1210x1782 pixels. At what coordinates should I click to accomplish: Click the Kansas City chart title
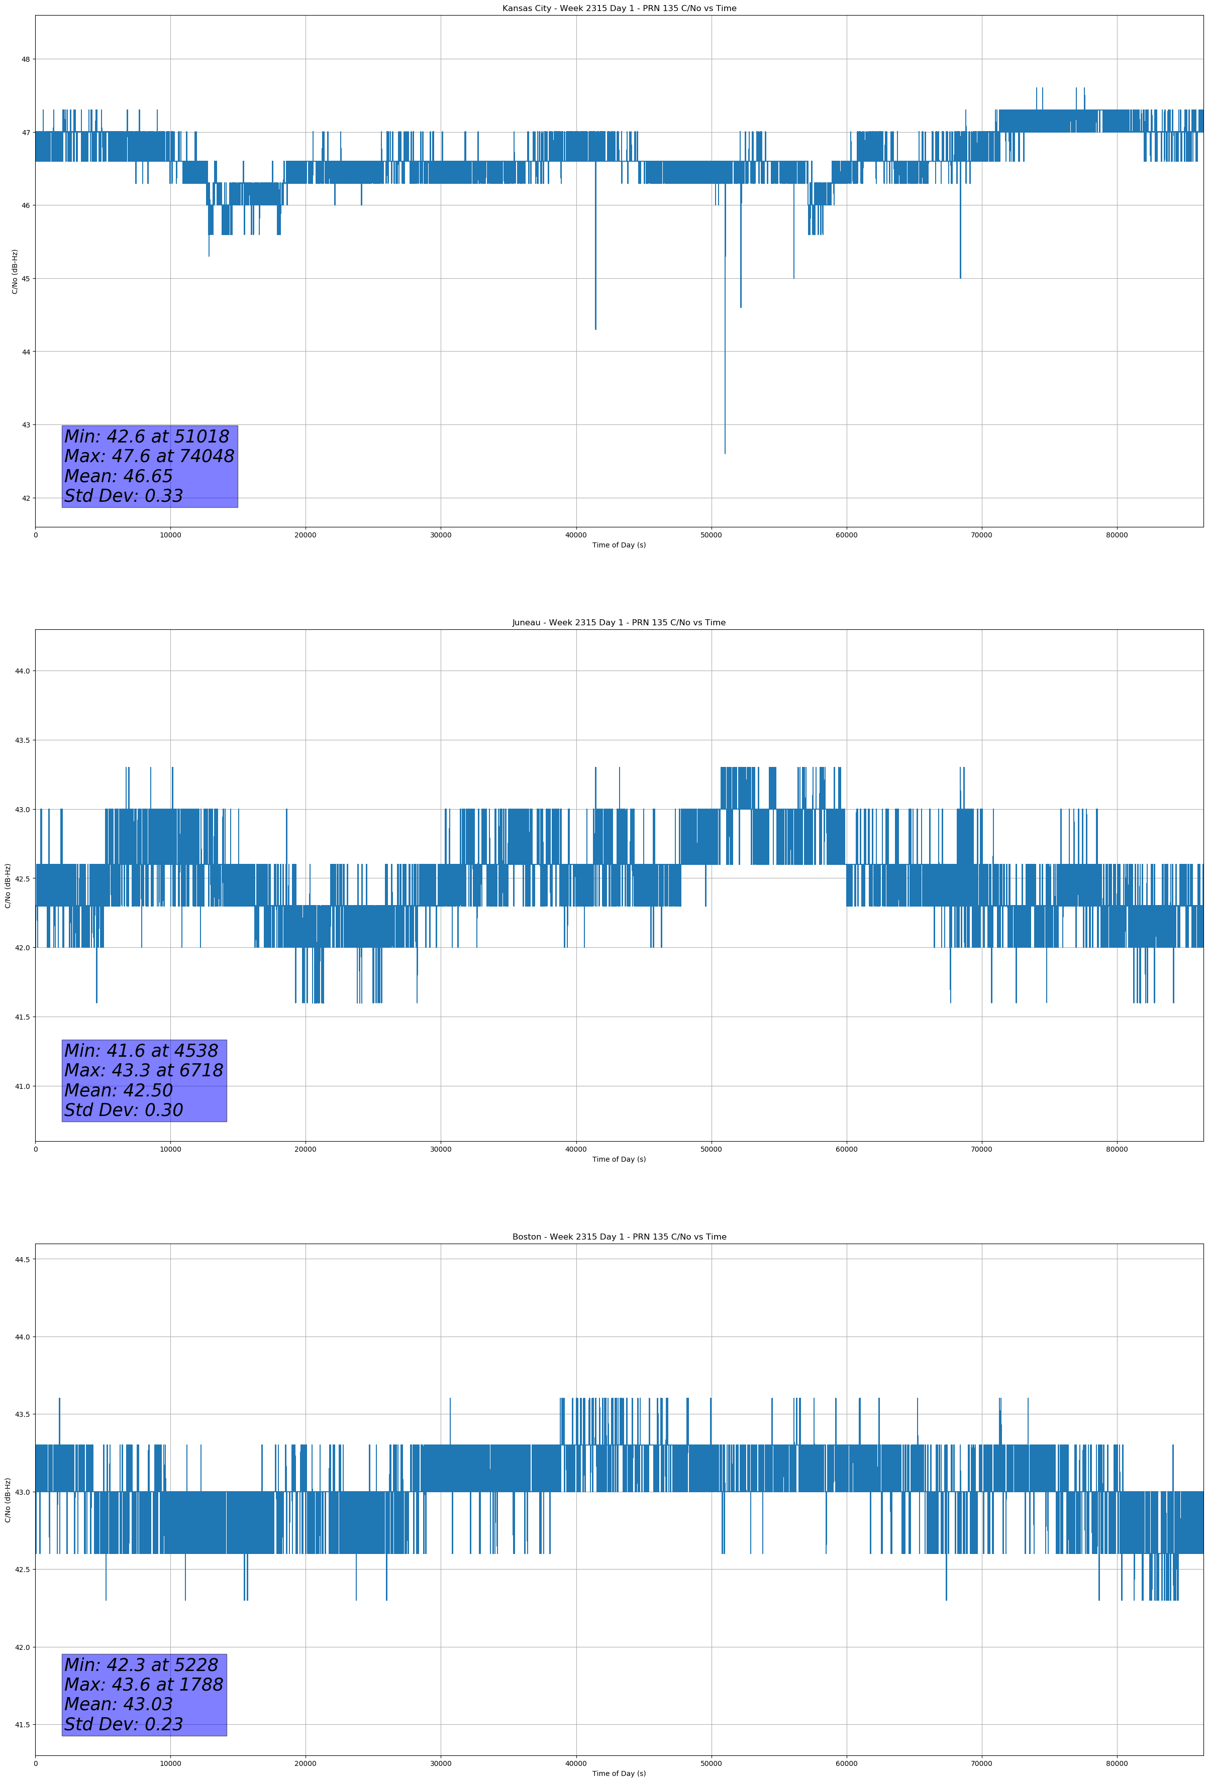click(x=619, y=9)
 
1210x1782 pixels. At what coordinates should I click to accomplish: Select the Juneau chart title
click(x=619, y=623)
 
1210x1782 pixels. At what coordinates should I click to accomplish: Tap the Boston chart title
click(x=619, y=1237)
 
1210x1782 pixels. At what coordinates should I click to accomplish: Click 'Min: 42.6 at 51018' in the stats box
click(x=147, y=436)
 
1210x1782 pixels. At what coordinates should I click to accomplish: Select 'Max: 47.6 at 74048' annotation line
click(x=149, y=456)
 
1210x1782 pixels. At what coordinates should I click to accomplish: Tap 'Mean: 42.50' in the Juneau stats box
click(x=118, y=1090)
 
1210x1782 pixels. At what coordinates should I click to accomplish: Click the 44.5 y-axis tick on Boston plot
click(x=22, y=1259)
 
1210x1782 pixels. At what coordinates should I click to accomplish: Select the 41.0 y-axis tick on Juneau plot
click(x=22, y=1086)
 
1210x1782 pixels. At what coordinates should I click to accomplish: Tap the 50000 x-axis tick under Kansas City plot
click(x=711, y=535)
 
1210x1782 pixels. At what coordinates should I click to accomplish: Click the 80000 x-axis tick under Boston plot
click(x=1117, y=1763)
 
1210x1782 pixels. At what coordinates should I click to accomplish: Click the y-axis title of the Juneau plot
click(x=8, y=885)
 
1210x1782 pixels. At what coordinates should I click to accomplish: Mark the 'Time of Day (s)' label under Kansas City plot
click(x=619, y=545)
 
